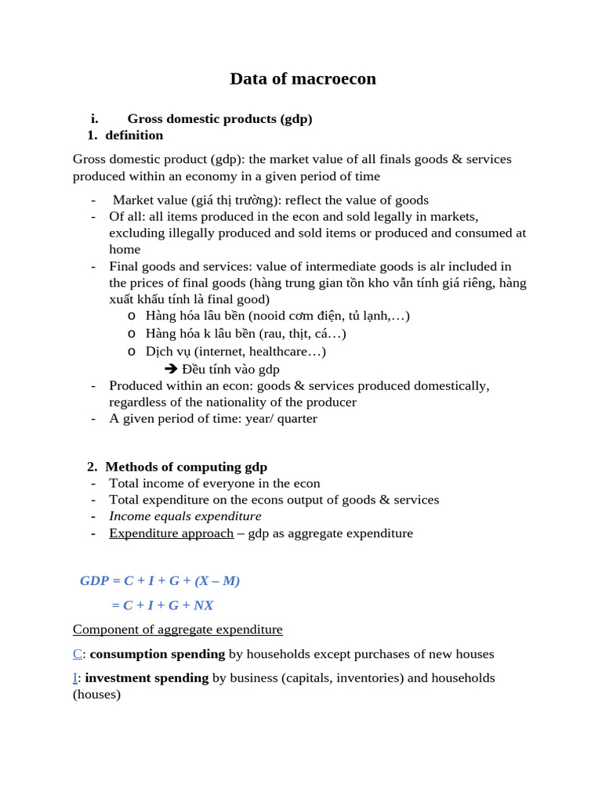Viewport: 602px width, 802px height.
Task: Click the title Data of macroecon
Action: pos(303,79)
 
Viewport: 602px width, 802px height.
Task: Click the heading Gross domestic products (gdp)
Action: pos(219,119)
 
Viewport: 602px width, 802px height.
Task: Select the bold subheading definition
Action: pos(134,135)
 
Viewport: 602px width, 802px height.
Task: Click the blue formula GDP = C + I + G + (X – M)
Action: pos(160,581)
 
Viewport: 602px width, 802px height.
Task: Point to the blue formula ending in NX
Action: pos(162,605)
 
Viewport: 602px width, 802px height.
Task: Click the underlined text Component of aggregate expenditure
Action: pos(178,630)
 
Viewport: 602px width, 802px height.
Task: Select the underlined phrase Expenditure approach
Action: pos(171,533)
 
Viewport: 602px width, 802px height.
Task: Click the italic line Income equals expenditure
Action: pos(185,516)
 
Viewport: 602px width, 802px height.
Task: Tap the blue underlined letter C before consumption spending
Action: pos(77,654)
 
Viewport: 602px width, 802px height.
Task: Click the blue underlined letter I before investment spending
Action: pos(75,678)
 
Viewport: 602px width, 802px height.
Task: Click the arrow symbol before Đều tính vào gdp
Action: pos(171,369)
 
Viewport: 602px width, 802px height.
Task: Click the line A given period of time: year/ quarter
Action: pos(213,418)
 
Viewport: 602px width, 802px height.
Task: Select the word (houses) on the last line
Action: pos(96,695)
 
